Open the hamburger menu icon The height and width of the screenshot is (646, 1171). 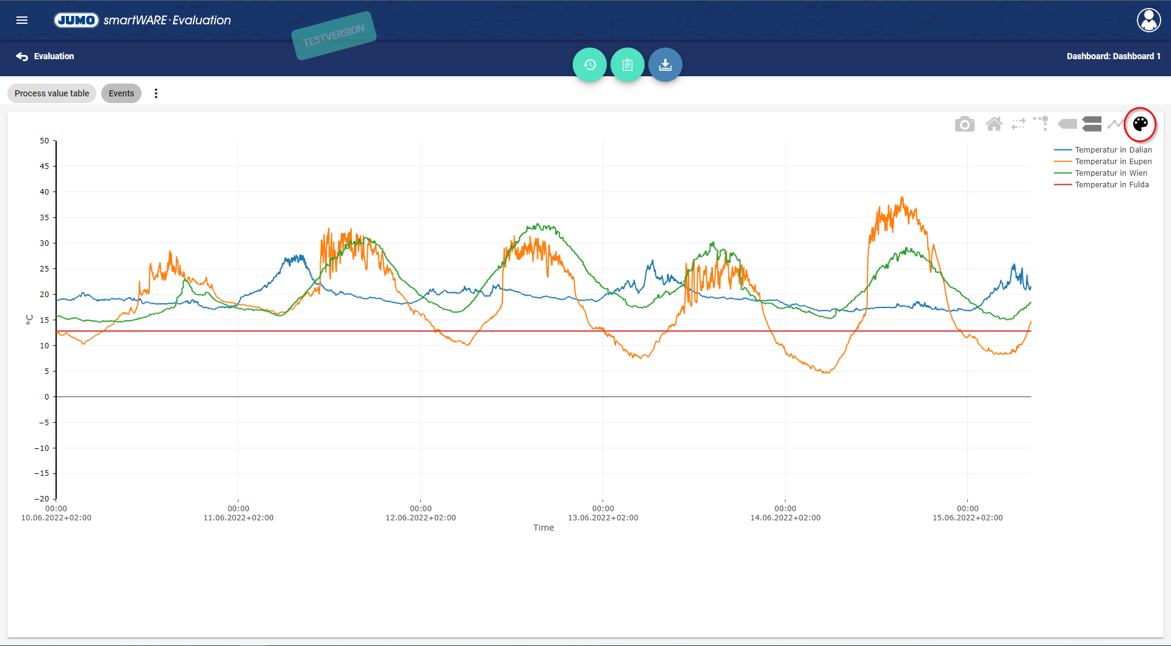[x=22, y=20]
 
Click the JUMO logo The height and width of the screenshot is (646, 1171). [x=76, y=20]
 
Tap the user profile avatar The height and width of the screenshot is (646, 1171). [x=1148, y=20]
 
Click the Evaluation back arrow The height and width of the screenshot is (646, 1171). [x=23, y=56]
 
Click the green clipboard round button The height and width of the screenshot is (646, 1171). [x=627, y=65]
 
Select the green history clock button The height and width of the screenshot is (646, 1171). [x=589, y=65]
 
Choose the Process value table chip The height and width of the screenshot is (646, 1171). [x=52, y=93]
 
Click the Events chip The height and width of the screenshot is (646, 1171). [x=121, y=93]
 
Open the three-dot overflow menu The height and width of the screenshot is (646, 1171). [x=156, y=93]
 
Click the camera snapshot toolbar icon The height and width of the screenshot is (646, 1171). [x=964, y=124]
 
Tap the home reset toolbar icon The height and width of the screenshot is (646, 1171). [x=994, y=124]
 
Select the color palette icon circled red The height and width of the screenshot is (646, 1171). [x=1140, y=124]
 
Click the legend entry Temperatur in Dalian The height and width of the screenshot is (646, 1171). [x=1113, y=150]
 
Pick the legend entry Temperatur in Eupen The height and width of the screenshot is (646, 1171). [x=1113, y=162]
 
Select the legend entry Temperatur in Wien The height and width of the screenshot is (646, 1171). [x=1111, y=173]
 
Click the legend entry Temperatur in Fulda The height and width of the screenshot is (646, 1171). [x=1111, y=185]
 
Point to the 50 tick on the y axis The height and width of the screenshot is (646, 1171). [x=45, y=141]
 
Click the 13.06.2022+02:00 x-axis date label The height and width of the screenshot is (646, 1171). [x=603, y=518]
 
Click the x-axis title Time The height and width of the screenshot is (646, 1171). [x=543, y=528]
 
